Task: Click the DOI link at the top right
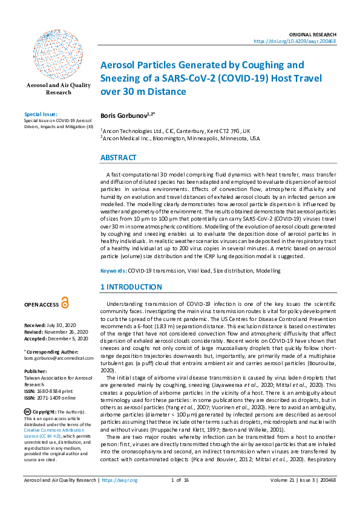coord(294,41)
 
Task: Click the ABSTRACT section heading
coord(119,158)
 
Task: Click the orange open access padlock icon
coord(65,303)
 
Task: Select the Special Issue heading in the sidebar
coord(41,114)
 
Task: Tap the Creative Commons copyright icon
coord(27,412)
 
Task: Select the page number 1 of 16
coord(180,498)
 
